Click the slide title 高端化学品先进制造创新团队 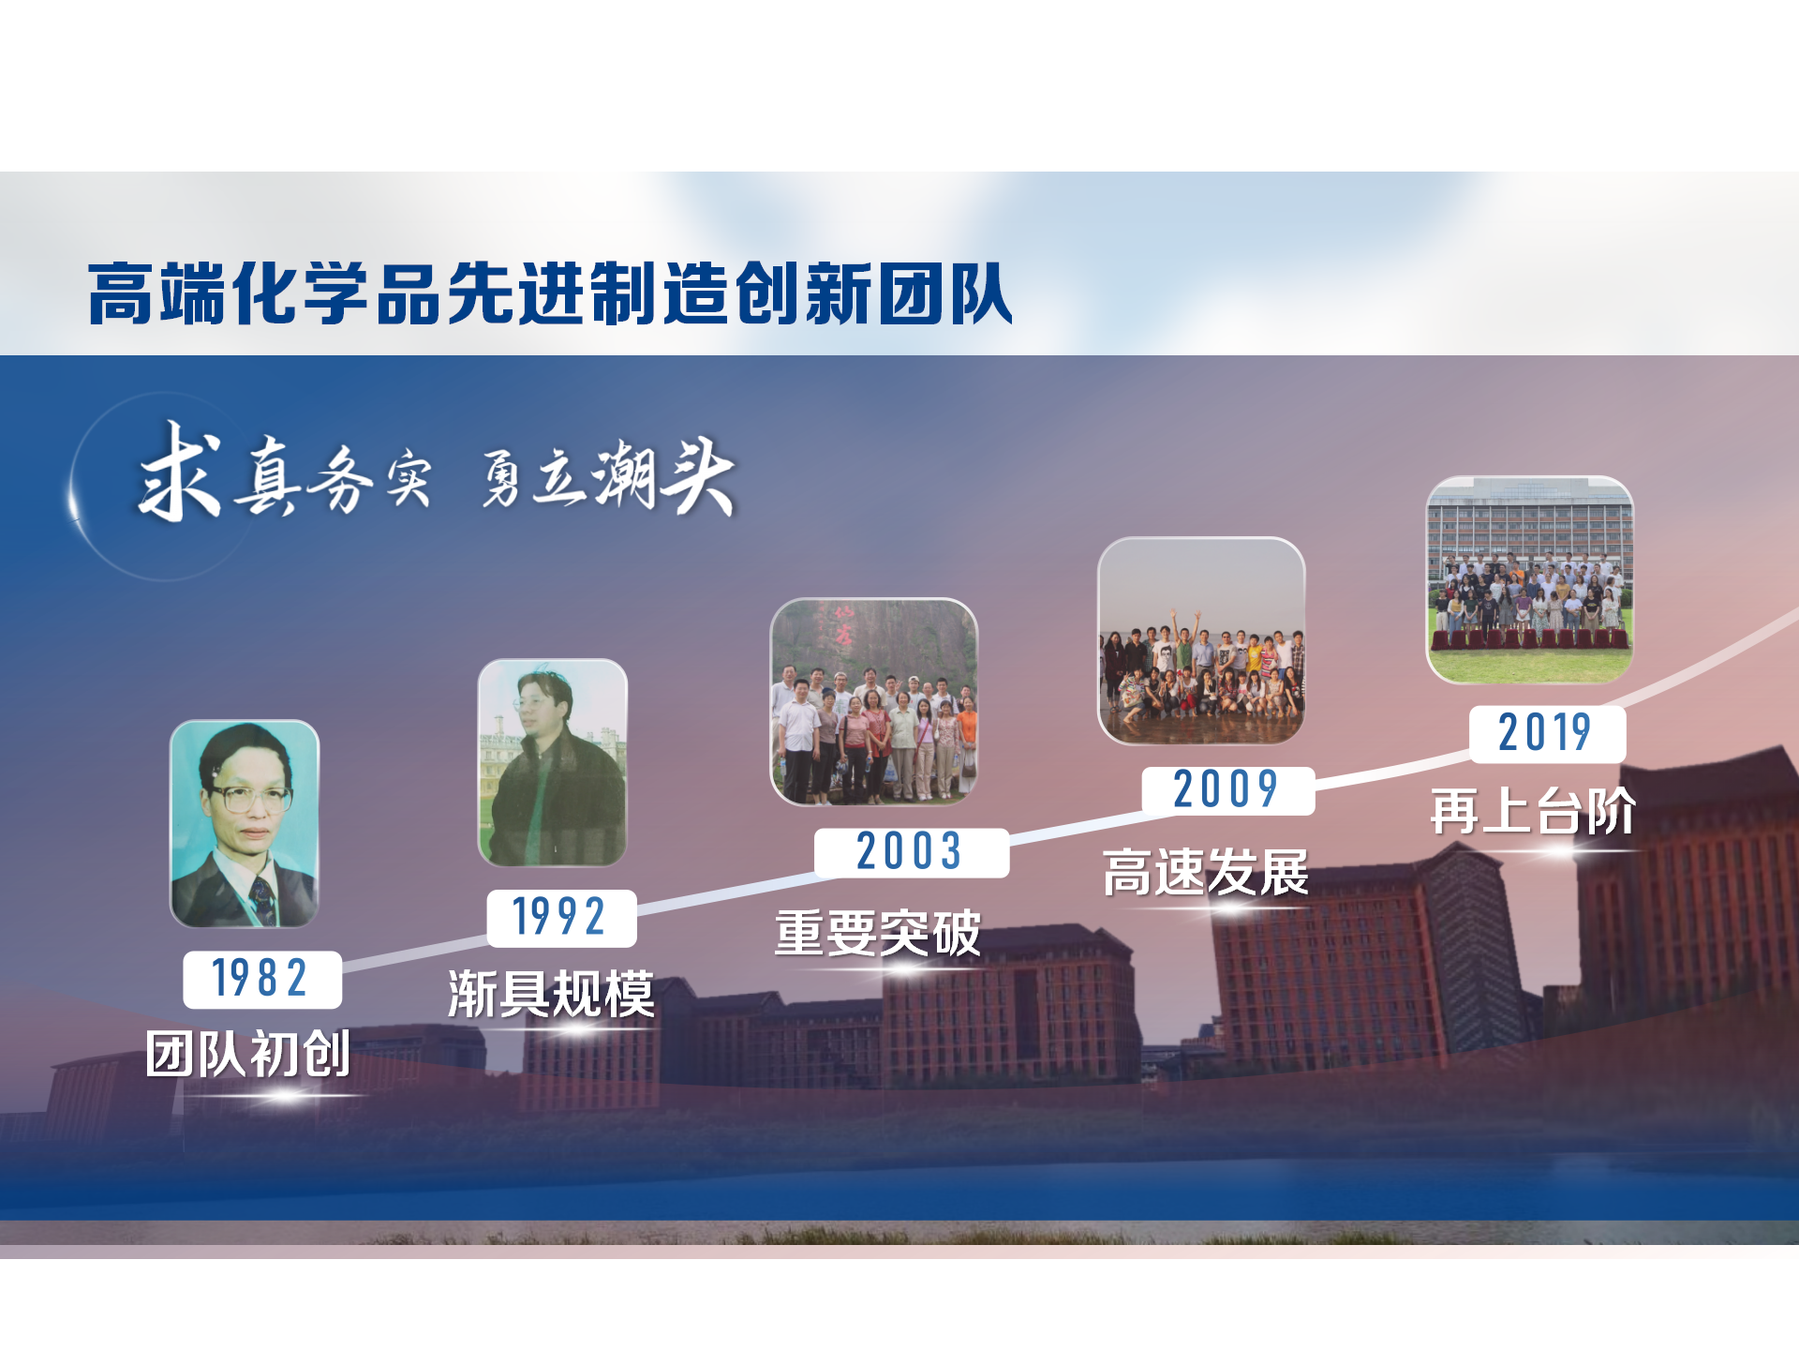tap(550, 293)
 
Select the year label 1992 tap(560, 917)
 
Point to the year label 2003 tap(911, 852)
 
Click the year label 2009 tap(1227, 789)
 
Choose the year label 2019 tap(1546, 733)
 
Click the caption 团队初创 tap(248, 1054)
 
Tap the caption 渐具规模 tap(551, 994)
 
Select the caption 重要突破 tap(878, 933)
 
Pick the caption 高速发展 tap(1206, 872)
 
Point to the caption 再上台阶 tap(1534, 811)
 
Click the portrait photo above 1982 tap(245, 824)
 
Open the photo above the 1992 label tap(552, 762)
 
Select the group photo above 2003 tap(874, 701)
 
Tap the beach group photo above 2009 tap(1201, 641)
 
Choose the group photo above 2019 tap(1530, 579)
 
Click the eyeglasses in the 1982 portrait tap(247, 800)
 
